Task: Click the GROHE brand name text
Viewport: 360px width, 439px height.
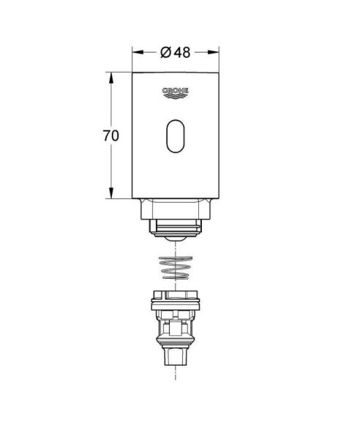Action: [x=176, y=90]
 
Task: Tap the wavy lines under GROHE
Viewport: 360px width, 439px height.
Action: [x=176, y=97]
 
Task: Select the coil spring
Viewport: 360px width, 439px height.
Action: [x=176, y=266]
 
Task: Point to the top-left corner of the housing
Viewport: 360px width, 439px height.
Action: [x=132, y=72]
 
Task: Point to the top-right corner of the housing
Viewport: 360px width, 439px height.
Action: [x=219, y=72]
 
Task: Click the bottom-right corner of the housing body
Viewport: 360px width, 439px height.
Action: [x=219, y=198]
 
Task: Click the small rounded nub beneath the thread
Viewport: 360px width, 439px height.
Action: [x=176, y=239]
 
